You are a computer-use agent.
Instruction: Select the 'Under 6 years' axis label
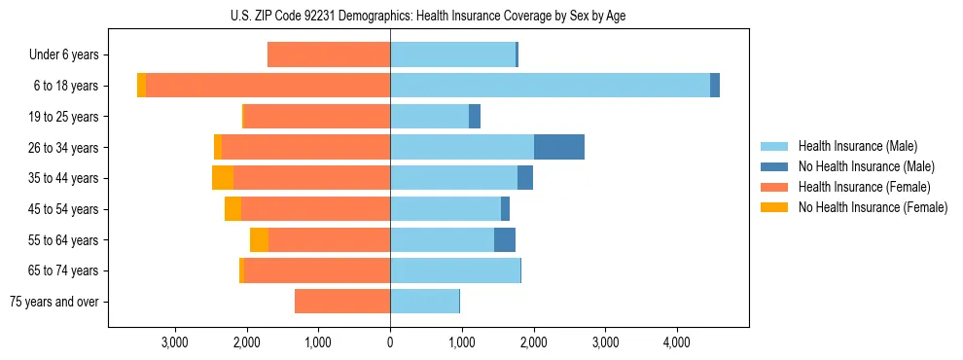[x=63, y=54]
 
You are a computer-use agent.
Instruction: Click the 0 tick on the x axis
[x=390, y=342]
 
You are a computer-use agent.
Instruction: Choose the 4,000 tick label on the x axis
[x=677, y=342]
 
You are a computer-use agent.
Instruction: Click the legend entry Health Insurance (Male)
[x=857, y=146]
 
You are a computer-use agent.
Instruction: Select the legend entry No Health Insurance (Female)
[x=873, y=207]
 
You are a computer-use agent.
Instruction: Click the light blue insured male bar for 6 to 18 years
[x=550, y=86]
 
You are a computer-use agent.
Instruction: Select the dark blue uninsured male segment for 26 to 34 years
[x=559, y=147]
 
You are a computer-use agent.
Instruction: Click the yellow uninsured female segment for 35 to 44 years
[x=223, y=178]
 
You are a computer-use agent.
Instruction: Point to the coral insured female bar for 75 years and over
[x=342, y=302]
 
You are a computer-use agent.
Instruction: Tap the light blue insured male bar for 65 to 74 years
[x=455, y=270]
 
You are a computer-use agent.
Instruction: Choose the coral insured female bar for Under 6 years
[x=329, y=54]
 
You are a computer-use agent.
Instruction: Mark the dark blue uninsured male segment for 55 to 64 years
[x=505, y=239]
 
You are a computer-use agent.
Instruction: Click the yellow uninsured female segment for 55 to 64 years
[x=259, y=239]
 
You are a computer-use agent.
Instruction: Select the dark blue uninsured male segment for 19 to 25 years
[x=475, y=117]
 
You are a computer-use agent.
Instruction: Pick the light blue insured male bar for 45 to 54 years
[x=446, y=209]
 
